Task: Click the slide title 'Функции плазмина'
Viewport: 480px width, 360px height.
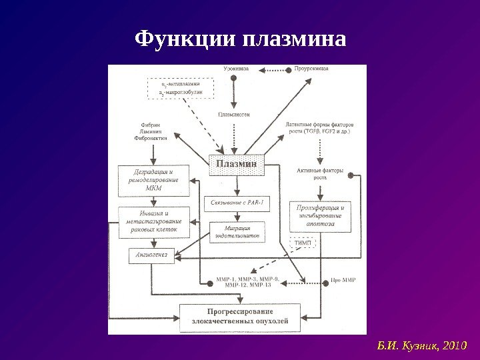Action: (240, 39)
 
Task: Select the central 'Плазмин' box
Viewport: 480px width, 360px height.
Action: (237, 165)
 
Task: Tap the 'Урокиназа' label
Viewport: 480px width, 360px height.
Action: (237, 69)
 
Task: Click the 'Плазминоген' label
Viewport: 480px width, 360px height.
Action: (234, 114)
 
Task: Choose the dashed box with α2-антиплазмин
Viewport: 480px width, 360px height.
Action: (179, 89)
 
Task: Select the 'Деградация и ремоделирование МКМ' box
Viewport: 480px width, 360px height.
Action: (153, 180)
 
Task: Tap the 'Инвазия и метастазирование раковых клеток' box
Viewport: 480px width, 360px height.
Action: (153, 221)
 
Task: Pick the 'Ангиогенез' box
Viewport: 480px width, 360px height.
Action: (151, 254)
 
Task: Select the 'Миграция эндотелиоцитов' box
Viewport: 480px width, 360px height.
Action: (237, 232)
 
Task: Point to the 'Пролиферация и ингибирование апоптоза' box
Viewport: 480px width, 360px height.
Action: (320, 216)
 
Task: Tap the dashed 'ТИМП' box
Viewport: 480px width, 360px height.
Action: (303, 243)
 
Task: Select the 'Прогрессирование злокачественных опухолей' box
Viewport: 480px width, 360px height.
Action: (240, 316)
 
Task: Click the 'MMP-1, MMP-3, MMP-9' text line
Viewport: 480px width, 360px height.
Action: (249, 278)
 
